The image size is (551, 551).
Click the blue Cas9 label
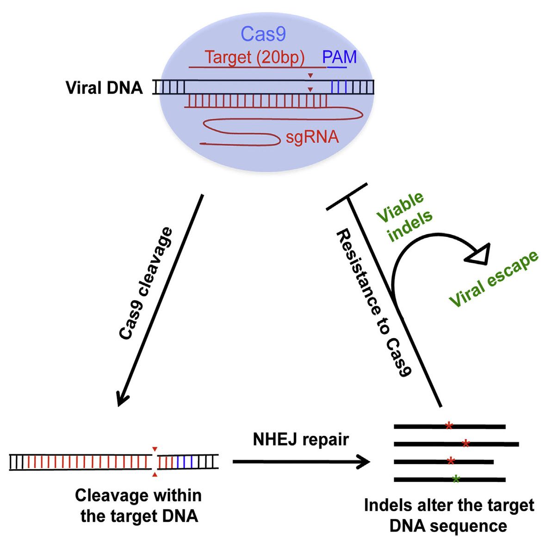(x=263, y=35)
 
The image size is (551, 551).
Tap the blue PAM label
(x=339, y=57)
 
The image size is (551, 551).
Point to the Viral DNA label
(x=105, y=88)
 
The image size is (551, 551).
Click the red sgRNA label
(x=312, y=137)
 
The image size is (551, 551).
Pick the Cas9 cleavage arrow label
(x=145, y=284)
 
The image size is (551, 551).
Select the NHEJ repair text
(x=301, y=439)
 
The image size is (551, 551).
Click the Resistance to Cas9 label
(x=373, y=303)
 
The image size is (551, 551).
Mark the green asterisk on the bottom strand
(x=456, y=479)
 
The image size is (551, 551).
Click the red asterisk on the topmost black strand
(x=448, y=426)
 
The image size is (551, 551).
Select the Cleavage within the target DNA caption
(x=139, y=505)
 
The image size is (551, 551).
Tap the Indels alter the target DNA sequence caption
(x=449, y=515)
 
